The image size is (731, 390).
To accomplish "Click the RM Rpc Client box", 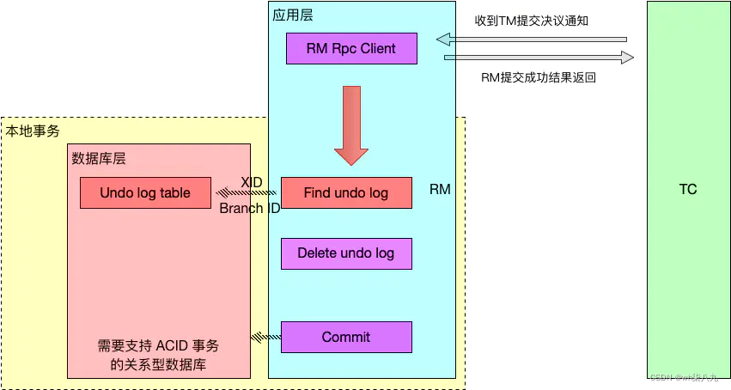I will pyautogui.click(x=351, y=49).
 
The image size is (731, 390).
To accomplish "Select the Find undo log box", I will pyautogui.click(x=345, y=193).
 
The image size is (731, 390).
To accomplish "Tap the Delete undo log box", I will pyautogui.click(x=345, y=253).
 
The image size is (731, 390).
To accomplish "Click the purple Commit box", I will pyautogui.click(x=345, y=337).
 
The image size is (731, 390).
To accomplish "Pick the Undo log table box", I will pyautogui.click(x=145, y=193).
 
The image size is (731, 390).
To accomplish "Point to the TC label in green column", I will pyautogui.click(x=687, y=189).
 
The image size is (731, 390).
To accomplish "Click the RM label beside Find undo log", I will pyautogui.click(x=440, y=189).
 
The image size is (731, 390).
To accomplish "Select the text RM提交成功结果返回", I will pyautogui.click(x=539, y=77).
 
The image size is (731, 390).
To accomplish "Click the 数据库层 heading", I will pyautogui.click(x=99, y=158).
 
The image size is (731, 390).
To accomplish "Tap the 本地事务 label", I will pyautogui.click(x=33, y=131).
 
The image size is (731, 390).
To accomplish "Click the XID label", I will pyautogui.click(x=251, y=182).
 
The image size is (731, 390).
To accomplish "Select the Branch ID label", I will pyautogui.click(x=249, y=208).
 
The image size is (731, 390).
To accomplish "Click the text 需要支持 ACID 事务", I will pyautogui.click(x=158, y=346).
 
